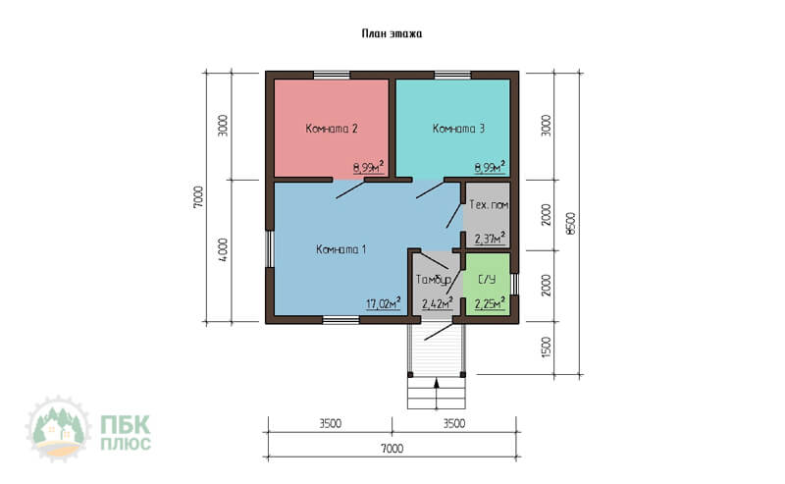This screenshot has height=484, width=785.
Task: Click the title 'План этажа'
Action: click(392, 33)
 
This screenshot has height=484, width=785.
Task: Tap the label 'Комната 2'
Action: click(332, 129)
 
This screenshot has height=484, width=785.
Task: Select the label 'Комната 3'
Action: click(458, 129)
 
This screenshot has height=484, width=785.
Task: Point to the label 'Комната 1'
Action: click(340, 249)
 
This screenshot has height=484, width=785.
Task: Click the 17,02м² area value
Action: click(384, 303)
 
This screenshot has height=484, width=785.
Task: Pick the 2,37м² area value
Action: click(490, 238)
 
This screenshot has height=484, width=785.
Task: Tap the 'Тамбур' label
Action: click(434, 280)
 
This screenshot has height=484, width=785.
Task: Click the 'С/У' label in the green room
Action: click(487, 280)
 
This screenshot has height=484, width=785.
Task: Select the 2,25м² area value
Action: click(490, 303)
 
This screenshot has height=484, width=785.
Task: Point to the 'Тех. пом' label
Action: click(489, 205)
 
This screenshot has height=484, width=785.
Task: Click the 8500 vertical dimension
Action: click(571, 224)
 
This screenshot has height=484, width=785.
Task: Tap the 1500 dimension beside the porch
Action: click(547, 347)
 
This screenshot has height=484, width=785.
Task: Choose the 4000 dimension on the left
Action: click(224, 249)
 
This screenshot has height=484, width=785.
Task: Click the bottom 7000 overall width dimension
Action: click(392, 449)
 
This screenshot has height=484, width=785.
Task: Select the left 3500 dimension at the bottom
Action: click(331, 424)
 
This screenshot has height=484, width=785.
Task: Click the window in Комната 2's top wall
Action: click(332, 76)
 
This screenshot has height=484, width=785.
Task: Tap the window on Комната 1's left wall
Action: click(269, 249)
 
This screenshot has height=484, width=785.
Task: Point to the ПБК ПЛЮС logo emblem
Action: click(58, 429)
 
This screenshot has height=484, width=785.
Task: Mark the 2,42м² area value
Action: click(438, 303)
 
